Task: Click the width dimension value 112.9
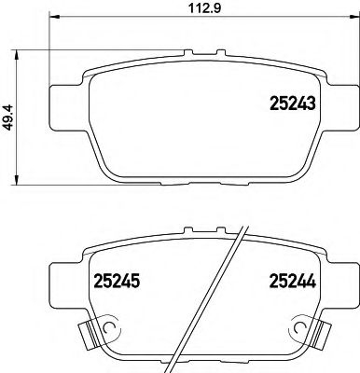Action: (x=193, y=12)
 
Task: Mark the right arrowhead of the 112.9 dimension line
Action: (x=341, y=24)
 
